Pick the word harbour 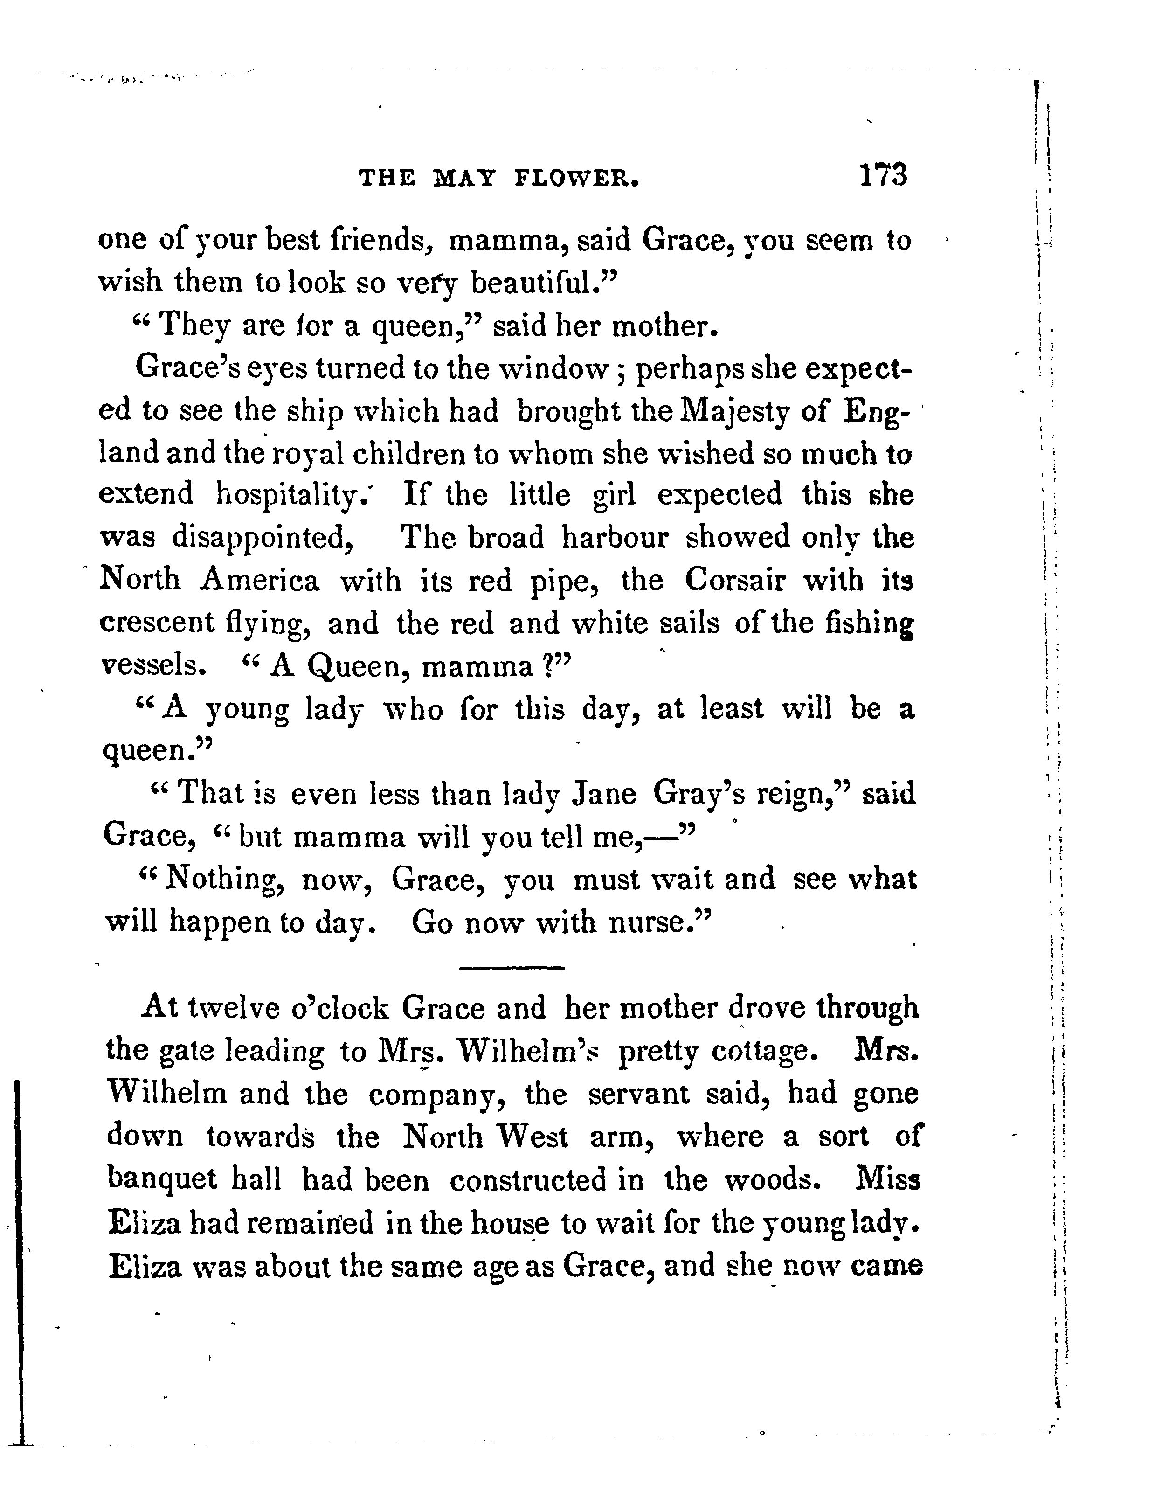[x=615, y=537]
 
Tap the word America [x=260, y=581]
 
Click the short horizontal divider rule [x=511, y=968]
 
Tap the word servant [x=638, y=1094]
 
